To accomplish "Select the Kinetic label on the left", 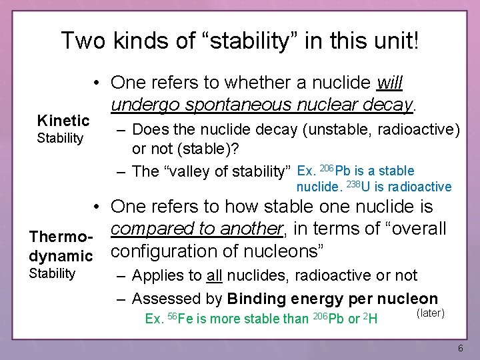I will point(63,121).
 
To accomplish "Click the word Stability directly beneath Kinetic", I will point(60,139).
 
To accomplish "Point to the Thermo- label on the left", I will point(62,237).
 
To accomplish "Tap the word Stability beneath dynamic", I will point(52,273).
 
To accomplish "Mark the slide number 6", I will point(460,349).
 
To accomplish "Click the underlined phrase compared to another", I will point(197,229).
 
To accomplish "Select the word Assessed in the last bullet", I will point(165,299).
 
